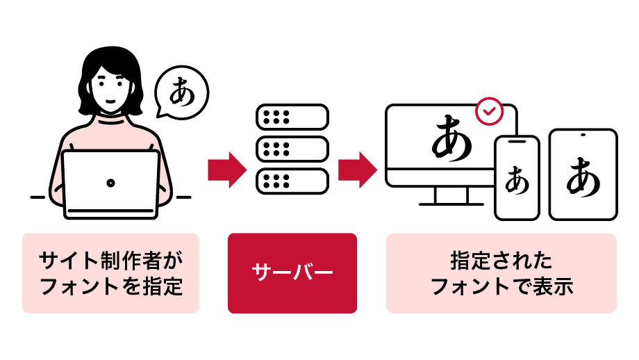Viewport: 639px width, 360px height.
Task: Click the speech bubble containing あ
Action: [181, 92]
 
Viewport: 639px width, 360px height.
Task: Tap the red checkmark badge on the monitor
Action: [490, 111]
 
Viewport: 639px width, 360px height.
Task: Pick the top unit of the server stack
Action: [292, 117]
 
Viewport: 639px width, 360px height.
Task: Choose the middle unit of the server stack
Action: [292, 149]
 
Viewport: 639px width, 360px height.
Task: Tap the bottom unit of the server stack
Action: [292, 181]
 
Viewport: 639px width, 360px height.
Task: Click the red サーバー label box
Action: [292, 272]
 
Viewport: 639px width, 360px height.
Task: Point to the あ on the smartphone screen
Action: [517, 180]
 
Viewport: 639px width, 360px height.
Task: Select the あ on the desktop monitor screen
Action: [452, 138]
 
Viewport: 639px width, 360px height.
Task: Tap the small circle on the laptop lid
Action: [110, 183]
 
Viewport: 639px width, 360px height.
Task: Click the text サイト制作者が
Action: [110, 261]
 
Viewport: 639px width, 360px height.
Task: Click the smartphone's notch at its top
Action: [517, 141]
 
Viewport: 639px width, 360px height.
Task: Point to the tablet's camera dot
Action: [582, 134]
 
